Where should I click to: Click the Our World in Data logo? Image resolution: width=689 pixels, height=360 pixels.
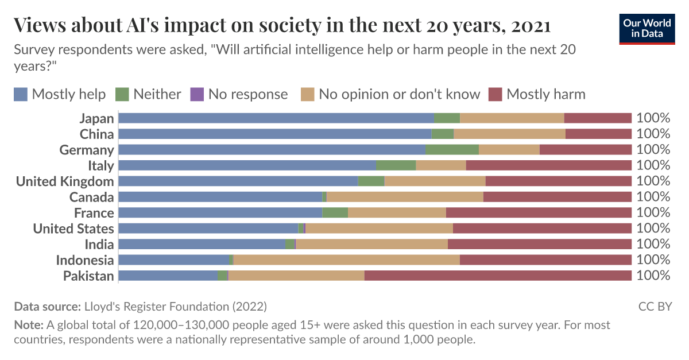(647, 28)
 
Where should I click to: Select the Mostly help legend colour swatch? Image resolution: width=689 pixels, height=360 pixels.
(21, 94)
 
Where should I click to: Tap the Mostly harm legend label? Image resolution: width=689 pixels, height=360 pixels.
(545, 94)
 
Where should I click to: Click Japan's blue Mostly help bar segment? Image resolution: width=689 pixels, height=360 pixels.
(276, 118)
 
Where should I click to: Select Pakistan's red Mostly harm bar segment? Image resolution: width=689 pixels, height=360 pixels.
(498, 276)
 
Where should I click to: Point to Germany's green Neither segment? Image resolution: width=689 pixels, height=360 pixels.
(452, 150)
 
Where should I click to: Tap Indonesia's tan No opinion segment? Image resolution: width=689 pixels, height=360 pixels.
(346, 260)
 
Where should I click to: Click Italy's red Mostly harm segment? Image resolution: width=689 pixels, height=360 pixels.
(548, 165)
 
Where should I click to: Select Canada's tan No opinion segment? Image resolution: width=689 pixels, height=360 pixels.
(405, 197)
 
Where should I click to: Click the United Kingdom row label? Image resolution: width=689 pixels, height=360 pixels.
(65, 181)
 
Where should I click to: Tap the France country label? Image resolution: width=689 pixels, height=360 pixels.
(94, 213)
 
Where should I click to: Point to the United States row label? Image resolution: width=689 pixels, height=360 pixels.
(73, 229)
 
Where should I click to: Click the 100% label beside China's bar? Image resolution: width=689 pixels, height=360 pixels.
(653, 134)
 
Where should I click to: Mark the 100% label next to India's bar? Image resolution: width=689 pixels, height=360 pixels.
(653, 244)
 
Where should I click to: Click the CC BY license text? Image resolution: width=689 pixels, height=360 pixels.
(655, 306)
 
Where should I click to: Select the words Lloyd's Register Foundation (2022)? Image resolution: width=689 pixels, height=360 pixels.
(175, 306)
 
